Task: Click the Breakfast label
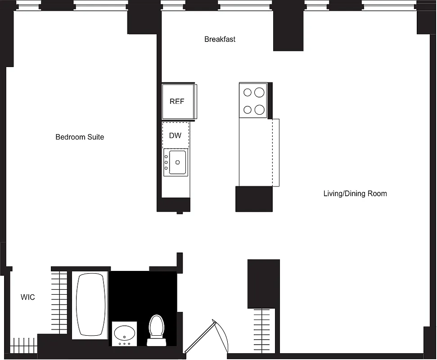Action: (x=220, y=39)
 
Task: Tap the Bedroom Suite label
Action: (x=80, y=137)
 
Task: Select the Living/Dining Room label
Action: (x=355, y=194)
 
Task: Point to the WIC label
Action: (x=28, y=297)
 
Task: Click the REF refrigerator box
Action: (x=177, y=102)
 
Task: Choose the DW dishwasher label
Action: (x=175, y=135)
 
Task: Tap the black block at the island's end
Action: (x=254, y=198)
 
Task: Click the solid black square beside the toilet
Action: (x=135, y=292)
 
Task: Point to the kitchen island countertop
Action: (x=256, y=153)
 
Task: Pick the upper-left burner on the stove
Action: (x=247, y=93)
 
